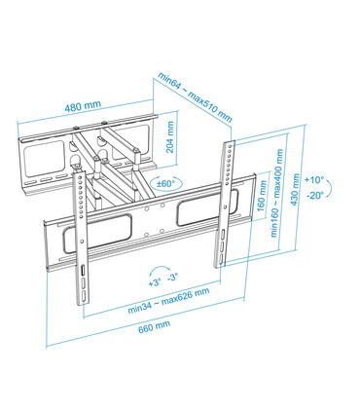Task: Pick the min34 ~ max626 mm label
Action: pyautogui.click(x=168, y=298)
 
